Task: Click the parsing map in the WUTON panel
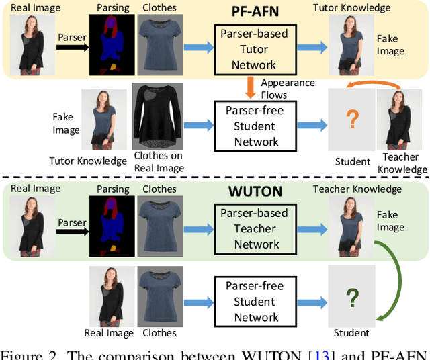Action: coord(111,226)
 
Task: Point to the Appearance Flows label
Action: coord(288,88)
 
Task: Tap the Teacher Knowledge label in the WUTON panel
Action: coord(357,189)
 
